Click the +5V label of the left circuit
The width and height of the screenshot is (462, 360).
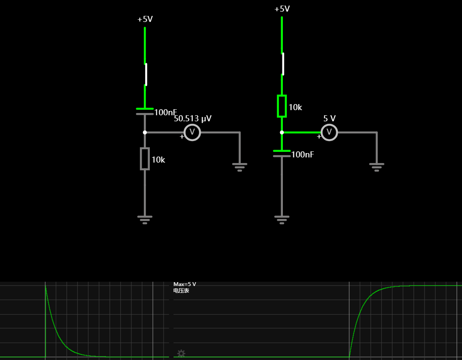(145, 19)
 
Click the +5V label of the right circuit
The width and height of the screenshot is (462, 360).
(282, 9)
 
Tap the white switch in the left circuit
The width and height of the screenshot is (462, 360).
(146, 74)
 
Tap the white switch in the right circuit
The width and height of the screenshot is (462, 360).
(283, 64)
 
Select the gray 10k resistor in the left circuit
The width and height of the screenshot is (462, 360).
(145, 159)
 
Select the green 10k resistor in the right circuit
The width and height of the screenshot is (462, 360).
(282, 106)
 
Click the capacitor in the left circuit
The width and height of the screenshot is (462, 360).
(145, 111)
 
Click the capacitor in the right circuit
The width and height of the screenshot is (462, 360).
(282, 154)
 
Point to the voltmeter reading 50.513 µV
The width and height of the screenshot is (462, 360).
(192, 132)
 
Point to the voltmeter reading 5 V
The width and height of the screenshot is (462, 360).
(329, 132)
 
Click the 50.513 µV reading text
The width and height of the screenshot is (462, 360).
(193, 118)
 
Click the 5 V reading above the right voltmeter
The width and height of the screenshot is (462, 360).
(329, 118)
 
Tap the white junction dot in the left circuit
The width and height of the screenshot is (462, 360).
(145, 132)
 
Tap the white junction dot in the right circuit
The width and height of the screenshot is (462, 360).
(282, 132)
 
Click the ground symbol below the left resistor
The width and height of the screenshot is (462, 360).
(145, 220)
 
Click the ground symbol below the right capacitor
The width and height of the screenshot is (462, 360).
(282, 220)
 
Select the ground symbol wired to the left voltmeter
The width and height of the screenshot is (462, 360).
(240, 167)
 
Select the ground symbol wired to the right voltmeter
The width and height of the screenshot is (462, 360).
(377, 167)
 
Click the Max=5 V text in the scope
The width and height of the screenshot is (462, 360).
(185, 284)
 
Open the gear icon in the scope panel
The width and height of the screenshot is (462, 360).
(181, 353)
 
